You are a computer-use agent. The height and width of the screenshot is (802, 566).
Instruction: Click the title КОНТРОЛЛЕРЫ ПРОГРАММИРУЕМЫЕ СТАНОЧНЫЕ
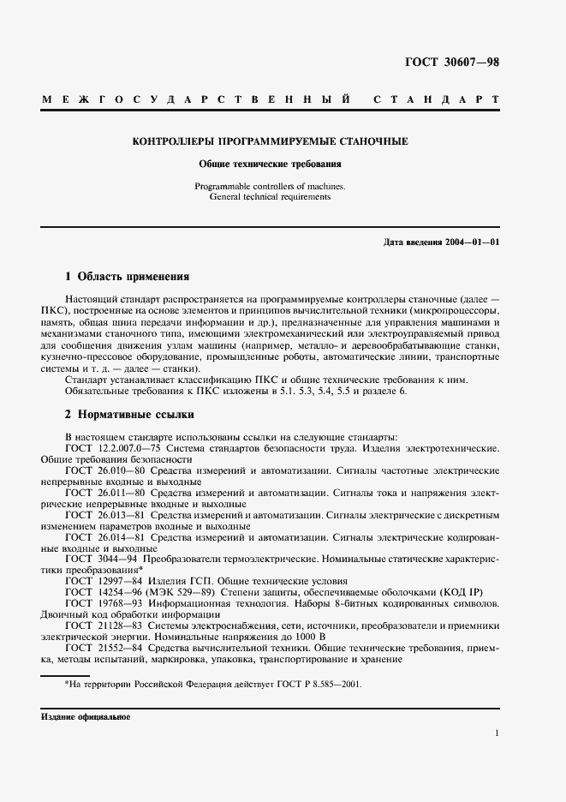pos(269,141)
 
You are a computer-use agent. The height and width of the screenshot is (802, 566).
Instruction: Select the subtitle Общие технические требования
pos(270,163)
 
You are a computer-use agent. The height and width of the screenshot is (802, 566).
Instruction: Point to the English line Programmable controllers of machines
pos(270,186)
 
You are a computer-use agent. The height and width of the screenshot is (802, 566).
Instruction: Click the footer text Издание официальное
pos(85,716)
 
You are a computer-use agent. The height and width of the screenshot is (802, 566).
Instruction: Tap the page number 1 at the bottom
pos(497,733)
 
